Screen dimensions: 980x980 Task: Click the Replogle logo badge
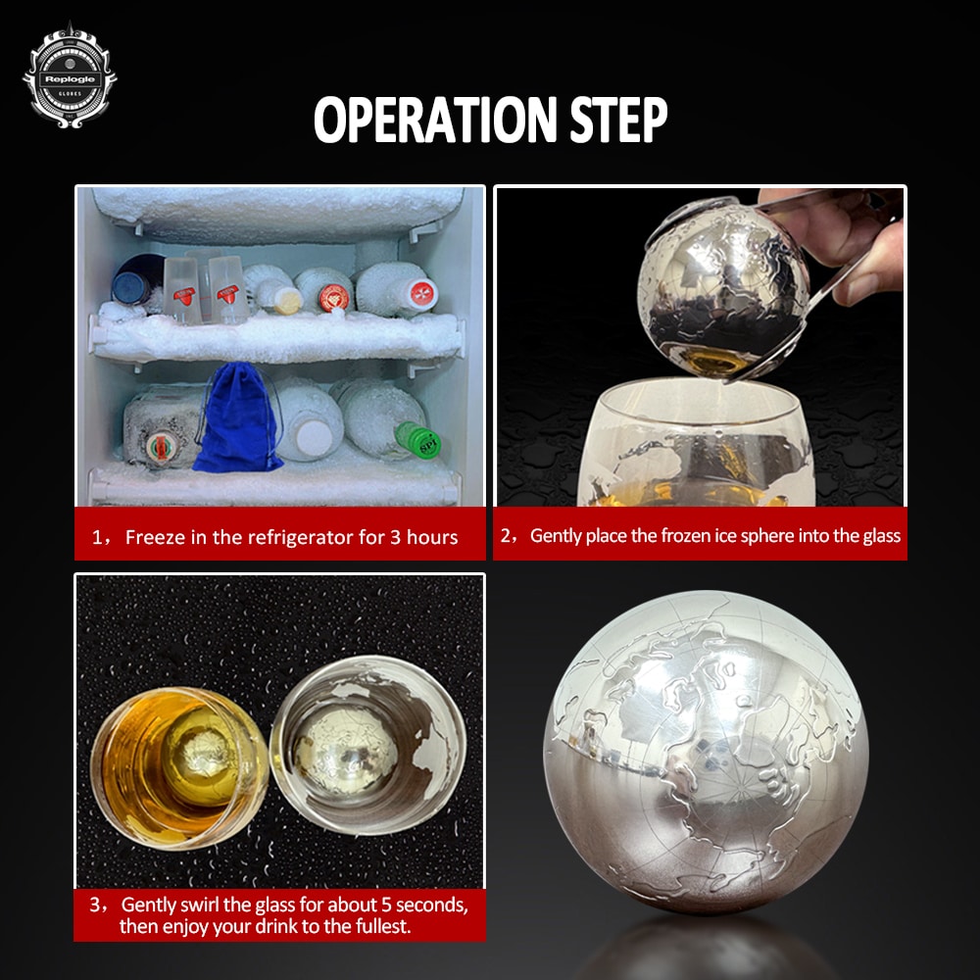[x=70, y=76]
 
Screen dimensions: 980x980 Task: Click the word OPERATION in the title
[x=435, y=120]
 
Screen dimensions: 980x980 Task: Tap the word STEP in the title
[x=618, y=120]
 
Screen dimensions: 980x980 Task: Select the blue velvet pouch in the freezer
[x=239, y=417]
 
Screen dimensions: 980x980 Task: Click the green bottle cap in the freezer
[x=418, y=439]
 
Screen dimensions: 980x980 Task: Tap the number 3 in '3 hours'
[x=396, y=537]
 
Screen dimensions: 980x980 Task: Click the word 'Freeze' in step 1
[x=155, y=537]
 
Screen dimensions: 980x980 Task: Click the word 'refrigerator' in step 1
[x=293, y=537]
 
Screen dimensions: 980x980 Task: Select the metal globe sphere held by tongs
[x=722, y=288]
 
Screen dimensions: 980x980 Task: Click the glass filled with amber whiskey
[x=180, y=768]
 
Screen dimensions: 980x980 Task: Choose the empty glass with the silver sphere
[x=368, y=745]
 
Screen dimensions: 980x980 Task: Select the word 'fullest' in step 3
[x=382, y=926]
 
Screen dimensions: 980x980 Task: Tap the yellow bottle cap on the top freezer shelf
[x=289, y=301]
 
